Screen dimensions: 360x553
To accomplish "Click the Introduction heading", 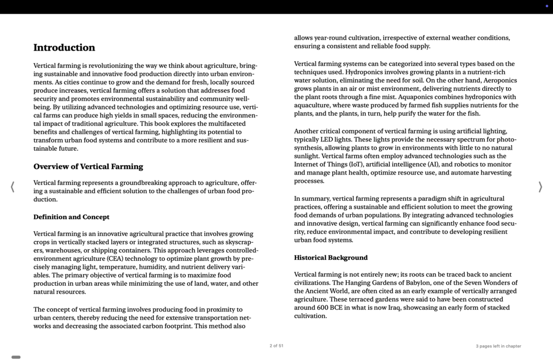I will point(64,47).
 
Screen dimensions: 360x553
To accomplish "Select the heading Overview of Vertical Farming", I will point(88,166).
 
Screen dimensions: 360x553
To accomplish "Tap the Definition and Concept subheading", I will point(71,217).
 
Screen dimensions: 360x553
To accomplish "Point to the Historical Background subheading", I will point(330,258).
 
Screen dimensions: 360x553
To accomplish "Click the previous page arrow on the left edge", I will point(12,187).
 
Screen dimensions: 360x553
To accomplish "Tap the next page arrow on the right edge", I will point(540,187).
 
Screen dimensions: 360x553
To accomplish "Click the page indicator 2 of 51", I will point(276,346).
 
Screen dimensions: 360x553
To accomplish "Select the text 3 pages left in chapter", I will point(498,346).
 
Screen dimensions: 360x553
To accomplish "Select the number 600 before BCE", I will point(323,308).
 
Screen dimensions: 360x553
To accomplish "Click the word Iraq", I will point(395,308).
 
